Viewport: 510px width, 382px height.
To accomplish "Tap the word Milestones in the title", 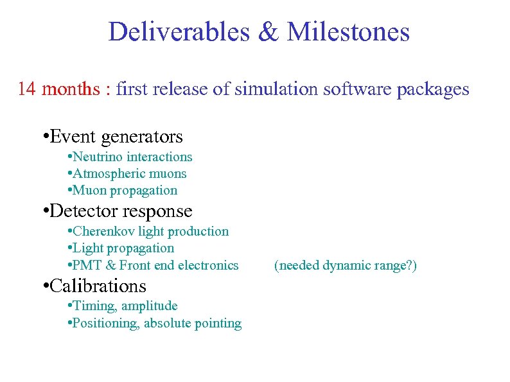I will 348,32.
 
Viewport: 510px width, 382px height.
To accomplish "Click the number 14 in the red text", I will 26,89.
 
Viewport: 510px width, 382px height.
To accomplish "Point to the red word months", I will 71,89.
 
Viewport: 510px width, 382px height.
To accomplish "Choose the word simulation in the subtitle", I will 276,89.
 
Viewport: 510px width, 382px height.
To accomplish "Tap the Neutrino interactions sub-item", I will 132,157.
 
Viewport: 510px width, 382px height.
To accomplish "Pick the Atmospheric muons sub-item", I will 129,173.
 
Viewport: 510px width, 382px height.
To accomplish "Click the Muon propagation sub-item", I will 125,191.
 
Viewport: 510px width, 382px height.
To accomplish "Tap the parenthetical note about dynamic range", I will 346,265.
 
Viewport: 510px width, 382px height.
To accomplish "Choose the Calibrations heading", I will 97,286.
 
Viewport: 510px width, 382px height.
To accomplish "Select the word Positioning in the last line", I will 105,324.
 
